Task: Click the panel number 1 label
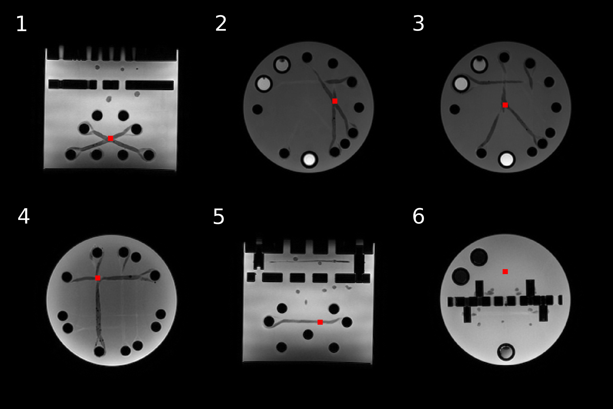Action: tap(21, 24)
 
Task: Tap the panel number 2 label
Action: tap(221, 23)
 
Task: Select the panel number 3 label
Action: tap(418, 23)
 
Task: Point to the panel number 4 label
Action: tap(23, 216)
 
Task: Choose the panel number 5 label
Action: tap(219, 217)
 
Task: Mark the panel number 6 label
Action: tap(418, 216)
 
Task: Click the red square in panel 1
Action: tap(110, 138)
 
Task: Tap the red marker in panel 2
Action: tap(335, 101)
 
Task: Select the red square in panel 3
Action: tap(505, 105)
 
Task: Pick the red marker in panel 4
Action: tap(98, 278)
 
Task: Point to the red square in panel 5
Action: tap(320, 322)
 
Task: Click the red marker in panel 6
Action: tap(505, 272)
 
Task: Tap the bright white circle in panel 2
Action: tap(309, 159)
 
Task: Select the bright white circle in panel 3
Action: tap(506, 159)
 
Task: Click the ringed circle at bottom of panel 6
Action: tap(506, 352)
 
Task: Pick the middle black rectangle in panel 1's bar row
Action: tap(111, 85)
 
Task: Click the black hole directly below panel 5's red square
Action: tap(308, 334)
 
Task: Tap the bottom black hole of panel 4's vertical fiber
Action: tap(99, 351)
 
